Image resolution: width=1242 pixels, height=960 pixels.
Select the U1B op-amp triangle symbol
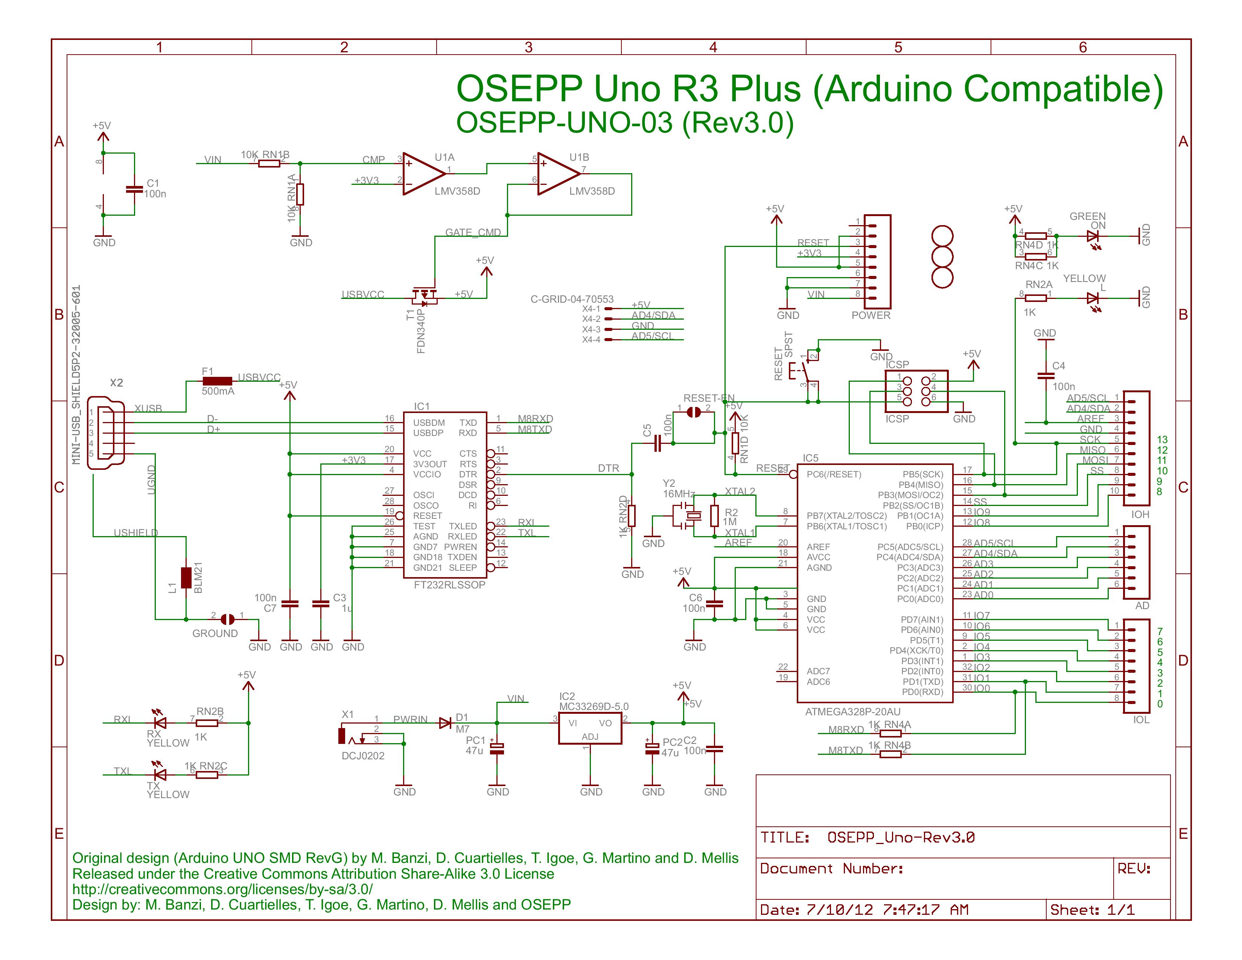pyautogui.click(x=557, y=174)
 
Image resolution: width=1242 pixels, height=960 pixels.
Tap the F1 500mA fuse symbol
pyautogui.click(x=217, y=381)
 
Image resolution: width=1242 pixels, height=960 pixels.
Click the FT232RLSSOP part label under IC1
pyautogui.click(x=449, y=585)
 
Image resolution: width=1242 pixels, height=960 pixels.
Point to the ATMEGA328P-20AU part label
pyautogui.click(x=852, y=712)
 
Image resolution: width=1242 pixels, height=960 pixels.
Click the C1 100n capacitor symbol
pyautogui.click(x=134, y=189)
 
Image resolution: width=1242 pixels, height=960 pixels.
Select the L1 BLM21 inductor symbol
pyautogui.click(x=186, y=577)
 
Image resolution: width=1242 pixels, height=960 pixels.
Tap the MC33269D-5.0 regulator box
pyautogui.click(x=590, y=728)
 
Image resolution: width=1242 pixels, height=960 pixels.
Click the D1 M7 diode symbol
pyautogui.click(x=445, y=723)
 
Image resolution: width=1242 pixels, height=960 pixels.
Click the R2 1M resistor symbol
pyautogui.click(x=714, y=516)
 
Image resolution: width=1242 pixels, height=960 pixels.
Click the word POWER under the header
pyautogui.click(x=871, y=315)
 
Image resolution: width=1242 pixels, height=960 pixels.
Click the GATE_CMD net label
pyautogui.click(x=473, y=233)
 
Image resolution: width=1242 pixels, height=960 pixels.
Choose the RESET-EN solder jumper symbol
pyautogui.click(x=693, y=412)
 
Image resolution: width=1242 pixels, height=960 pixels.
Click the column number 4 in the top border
pyautogui.click(x=713, y=47)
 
